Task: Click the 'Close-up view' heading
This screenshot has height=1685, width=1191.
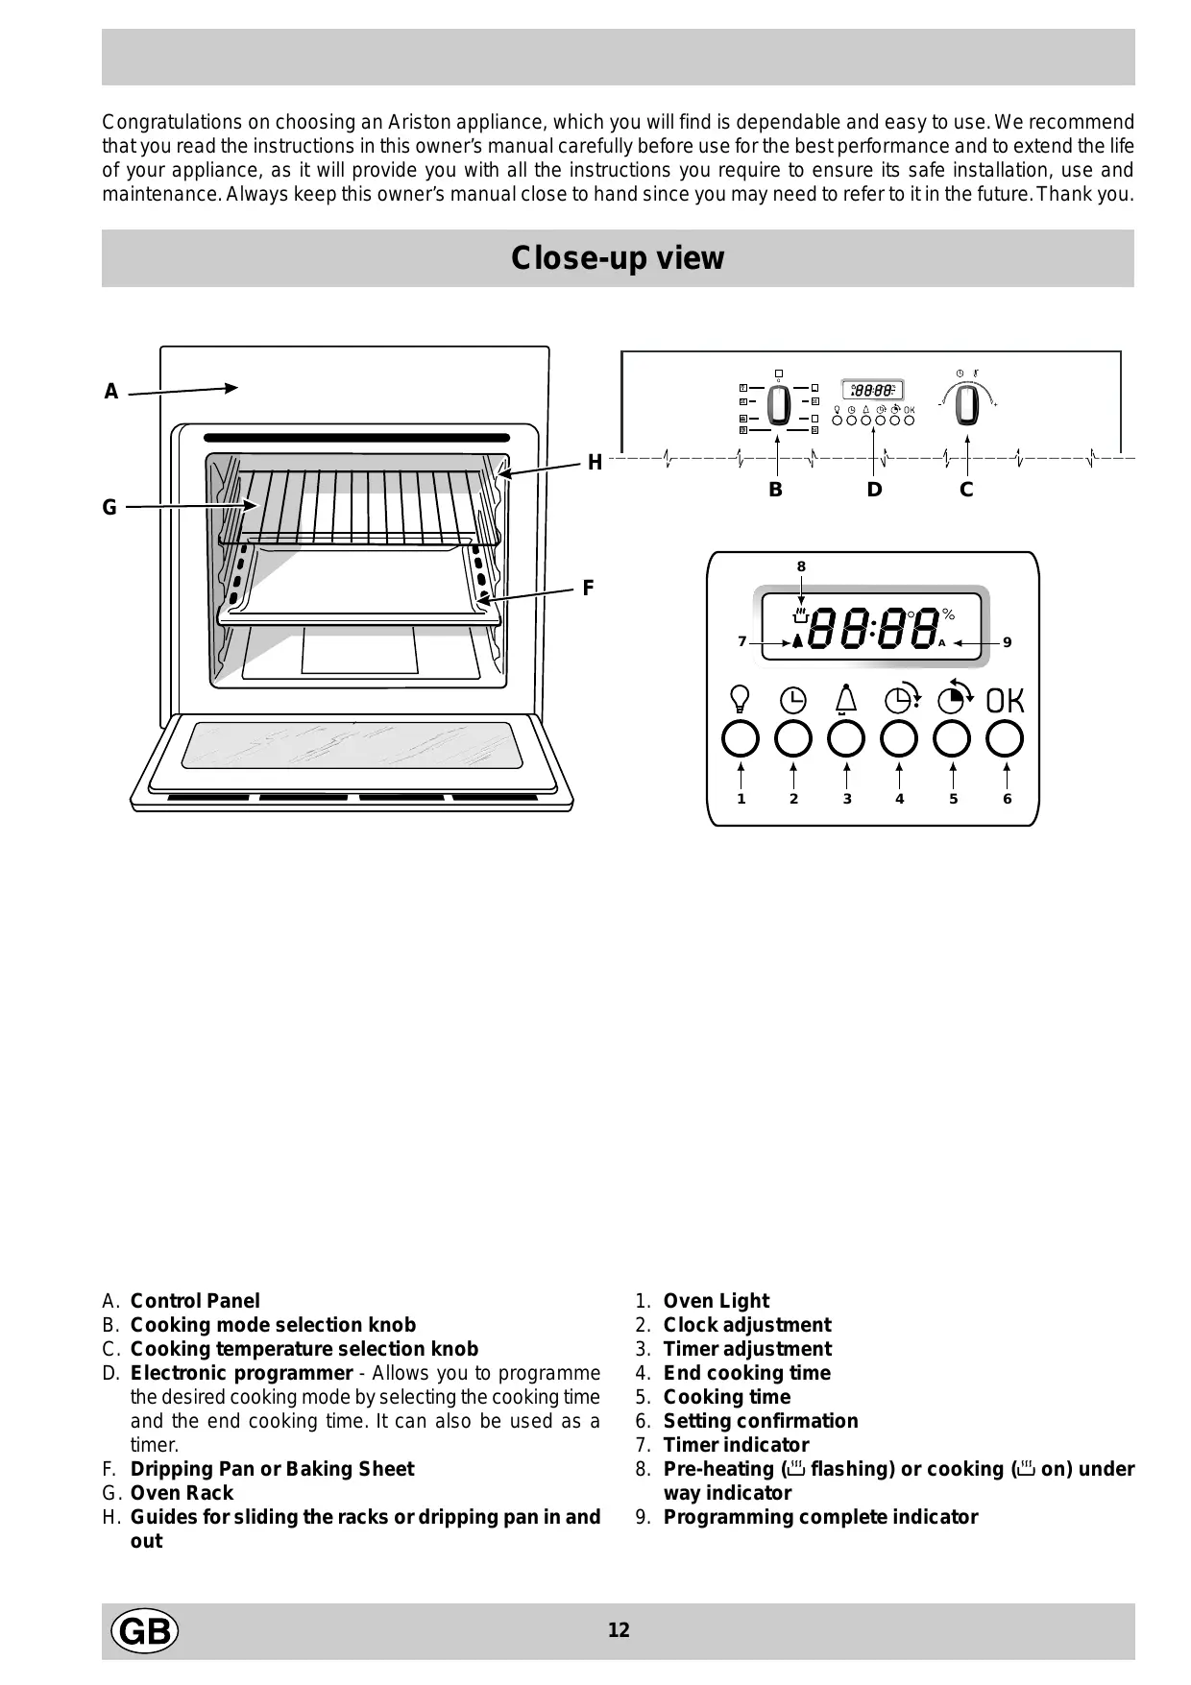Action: click(x=618, y=258)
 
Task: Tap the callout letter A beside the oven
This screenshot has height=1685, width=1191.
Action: click(x=111, y=392)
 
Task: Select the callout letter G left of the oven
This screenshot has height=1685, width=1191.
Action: click(x=109, y=508)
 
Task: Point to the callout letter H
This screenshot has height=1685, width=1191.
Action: click(x=595, y=463)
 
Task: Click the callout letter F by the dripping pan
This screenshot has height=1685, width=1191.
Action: click(x=588, y=588)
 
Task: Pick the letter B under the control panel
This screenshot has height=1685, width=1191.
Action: click(x=775, y=490)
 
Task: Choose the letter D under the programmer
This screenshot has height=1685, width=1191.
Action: click(x=874, y=490)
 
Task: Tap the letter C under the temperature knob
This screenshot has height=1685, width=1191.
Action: click(x=966, y=490)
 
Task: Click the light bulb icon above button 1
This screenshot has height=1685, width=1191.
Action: click(x=741, y=697)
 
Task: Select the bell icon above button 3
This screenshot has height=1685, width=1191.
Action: click(x=846, y=698)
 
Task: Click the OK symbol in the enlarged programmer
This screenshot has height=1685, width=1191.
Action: click(x=1006, y=701)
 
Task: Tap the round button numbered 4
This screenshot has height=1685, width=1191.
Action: click(x=899, y=739)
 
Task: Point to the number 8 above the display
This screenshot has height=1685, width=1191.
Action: click(x=801, y=566)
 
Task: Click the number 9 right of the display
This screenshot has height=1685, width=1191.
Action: click(x=1007, y=642)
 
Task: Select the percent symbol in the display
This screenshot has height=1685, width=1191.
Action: click(x=949, y=614)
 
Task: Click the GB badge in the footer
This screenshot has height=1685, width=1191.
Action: click(x=145, y=1631)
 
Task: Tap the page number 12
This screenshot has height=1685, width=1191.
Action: click(x=619, y=1630)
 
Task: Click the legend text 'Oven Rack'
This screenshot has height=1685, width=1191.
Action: click(x=182, y=1493)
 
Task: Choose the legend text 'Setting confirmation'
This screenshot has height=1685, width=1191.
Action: click(x=760, y=1421)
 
